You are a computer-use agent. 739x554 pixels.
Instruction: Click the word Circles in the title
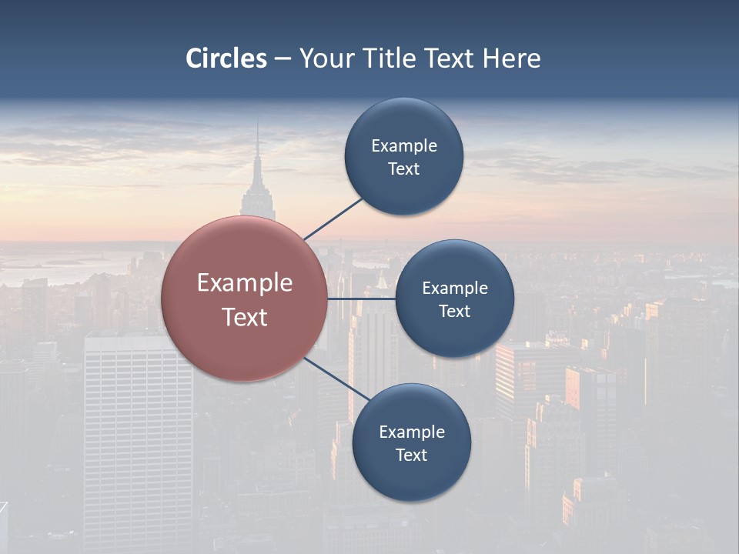(226, 58)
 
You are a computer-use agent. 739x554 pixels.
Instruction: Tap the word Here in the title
(511, 58)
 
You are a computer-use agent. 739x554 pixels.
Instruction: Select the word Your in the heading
(325, 58)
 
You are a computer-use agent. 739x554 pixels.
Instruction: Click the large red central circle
(244, 346)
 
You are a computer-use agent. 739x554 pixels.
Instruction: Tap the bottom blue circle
(411, 477)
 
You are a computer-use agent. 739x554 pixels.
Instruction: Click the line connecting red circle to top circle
(333, 219)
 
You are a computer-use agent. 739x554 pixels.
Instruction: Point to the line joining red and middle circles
(362, 299)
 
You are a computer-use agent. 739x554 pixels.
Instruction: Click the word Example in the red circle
(244, 283)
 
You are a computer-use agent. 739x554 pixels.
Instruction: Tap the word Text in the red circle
(244, 317)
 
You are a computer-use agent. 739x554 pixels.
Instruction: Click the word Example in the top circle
(403, 146)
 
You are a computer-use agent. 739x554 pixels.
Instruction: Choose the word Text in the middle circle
(454, 312)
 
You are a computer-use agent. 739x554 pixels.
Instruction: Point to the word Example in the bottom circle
(411, 432)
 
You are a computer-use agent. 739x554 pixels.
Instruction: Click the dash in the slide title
(283, 58)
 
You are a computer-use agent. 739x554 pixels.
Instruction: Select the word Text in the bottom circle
(411, 456)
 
